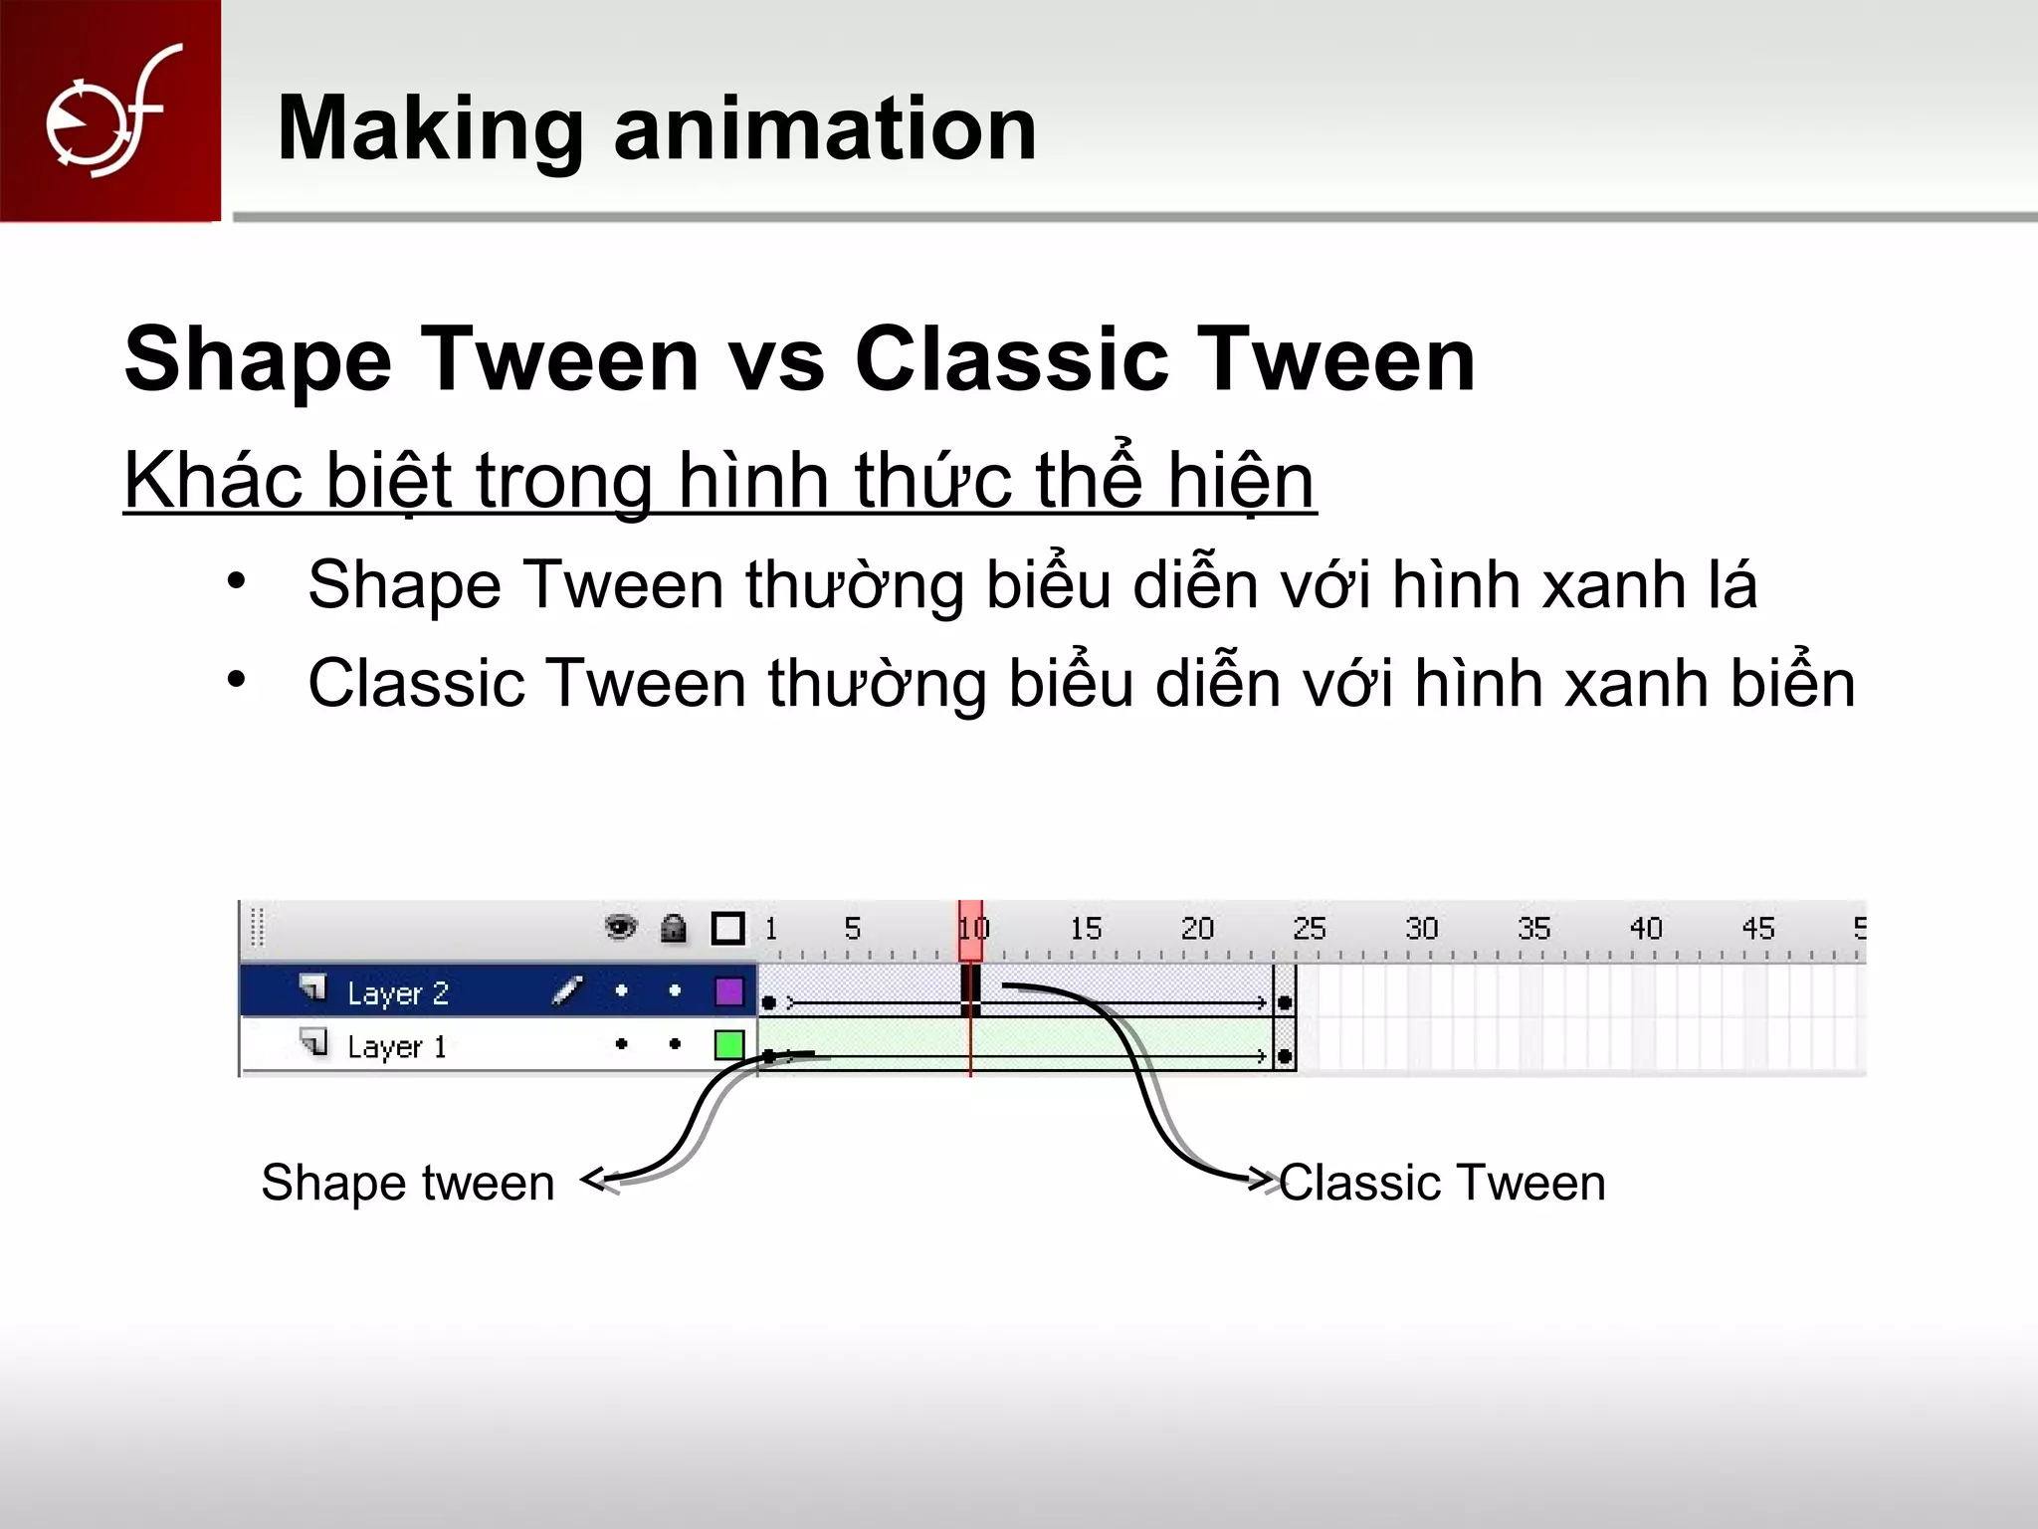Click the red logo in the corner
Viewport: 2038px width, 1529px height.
[109, 109]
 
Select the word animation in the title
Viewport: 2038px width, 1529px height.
[825, 129]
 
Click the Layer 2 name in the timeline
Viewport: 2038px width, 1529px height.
[398, 992]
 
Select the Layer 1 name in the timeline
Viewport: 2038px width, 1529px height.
[396, 1046]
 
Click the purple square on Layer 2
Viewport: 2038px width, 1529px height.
[729, 991]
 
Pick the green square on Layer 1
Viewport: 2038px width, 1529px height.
[729, 1045]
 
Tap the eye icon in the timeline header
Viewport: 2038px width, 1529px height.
[621, 928]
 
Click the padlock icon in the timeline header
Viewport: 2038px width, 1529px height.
[674, 929]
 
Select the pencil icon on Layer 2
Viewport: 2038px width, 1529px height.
[566, 991]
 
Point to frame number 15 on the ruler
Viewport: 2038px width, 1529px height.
[1086, 929]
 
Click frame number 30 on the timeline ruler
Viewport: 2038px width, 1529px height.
[1421, 929]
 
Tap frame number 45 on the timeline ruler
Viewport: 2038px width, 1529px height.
[1757, 929]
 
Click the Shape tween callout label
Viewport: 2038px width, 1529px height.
[408, 1183]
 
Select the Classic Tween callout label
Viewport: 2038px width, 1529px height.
[1442, 1183]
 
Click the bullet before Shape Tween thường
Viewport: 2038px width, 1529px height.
[236, 580]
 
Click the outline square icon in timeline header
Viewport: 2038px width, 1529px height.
[728, 929]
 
